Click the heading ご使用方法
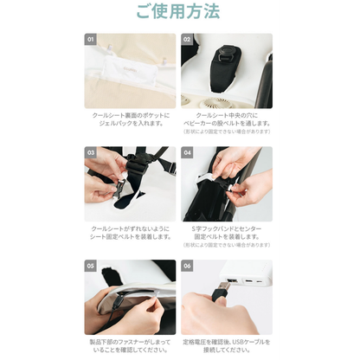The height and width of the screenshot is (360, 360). (x=179, y=13)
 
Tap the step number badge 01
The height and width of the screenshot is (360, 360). (x=91, y=40)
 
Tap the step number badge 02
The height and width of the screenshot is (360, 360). (x=187, y=40)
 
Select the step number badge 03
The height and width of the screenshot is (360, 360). (x=91, y=152)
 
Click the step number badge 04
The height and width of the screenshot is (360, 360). (x=187, y=152)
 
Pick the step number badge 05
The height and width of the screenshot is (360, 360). (x=91, y=266)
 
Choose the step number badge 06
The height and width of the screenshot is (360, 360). (x=187, y=266)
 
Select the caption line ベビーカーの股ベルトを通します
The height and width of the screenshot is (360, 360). (x=227, y=123)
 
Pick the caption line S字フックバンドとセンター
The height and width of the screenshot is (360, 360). (x=227, y=228)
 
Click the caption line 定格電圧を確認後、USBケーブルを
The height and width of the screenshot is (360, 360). (x=227, y=342)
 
